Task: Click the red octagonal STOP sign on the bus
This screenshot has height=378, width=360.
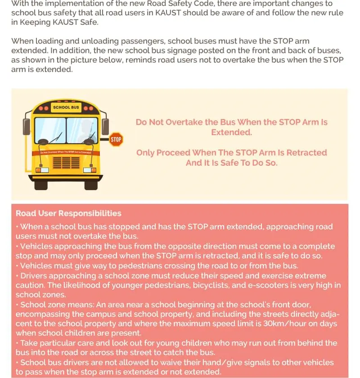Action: coord(116,140)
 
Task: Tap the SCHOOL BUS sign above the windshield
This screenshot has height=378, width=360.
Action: coord(66,108)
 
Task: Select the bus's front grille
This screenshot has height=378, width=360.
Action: coord(66,163)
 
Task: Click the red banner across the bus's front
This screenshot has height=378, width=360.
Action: coord(66,152)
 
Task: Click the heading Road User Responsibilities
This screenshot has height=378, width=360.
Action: coord(68,214)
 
